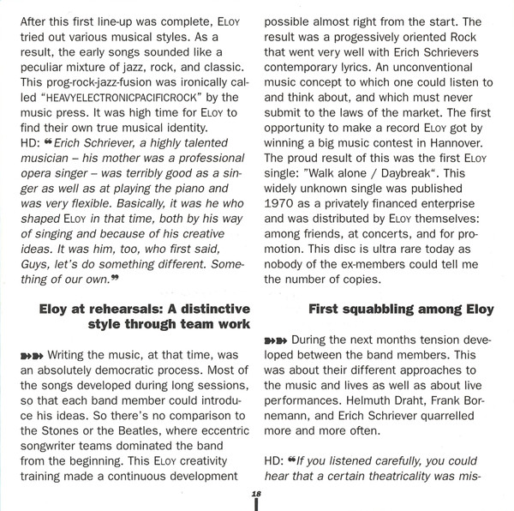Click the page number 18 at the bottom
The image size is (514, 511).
coord(255,494)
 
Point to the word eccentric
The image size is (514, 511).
coord(194,433)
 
